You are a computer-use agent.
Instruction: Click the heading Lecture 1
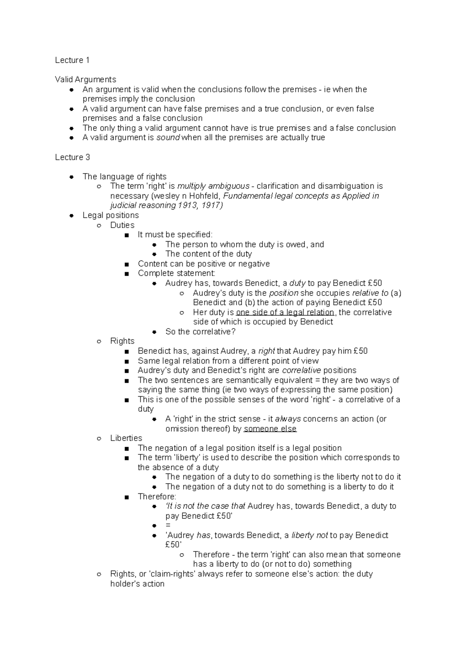coord(72,60)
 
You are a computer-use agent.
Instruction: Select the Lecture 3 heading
coord(72,157)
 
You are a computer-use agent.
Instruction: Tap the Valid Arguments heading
coord(85,79)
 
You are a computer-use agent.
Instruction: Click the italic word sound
coord(168,138)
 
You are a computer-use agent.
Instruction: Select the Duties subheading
coord(122,225)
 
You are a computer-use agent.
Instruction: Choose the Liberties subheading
coord(126,438)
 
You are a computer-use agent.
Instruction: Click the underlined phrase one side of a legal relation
coord(285,312)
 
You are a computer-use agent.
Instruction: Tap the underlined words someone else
coord(270,428)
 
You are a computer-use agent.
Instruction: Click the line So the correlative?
coord(200,332)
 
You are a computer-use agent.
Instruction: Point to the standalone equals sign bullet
coord(168,525)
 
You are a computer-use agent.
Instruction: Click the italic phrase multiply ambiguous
coord(214,186)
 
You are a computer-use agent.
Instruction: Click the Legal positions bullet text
coord(111,215)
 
